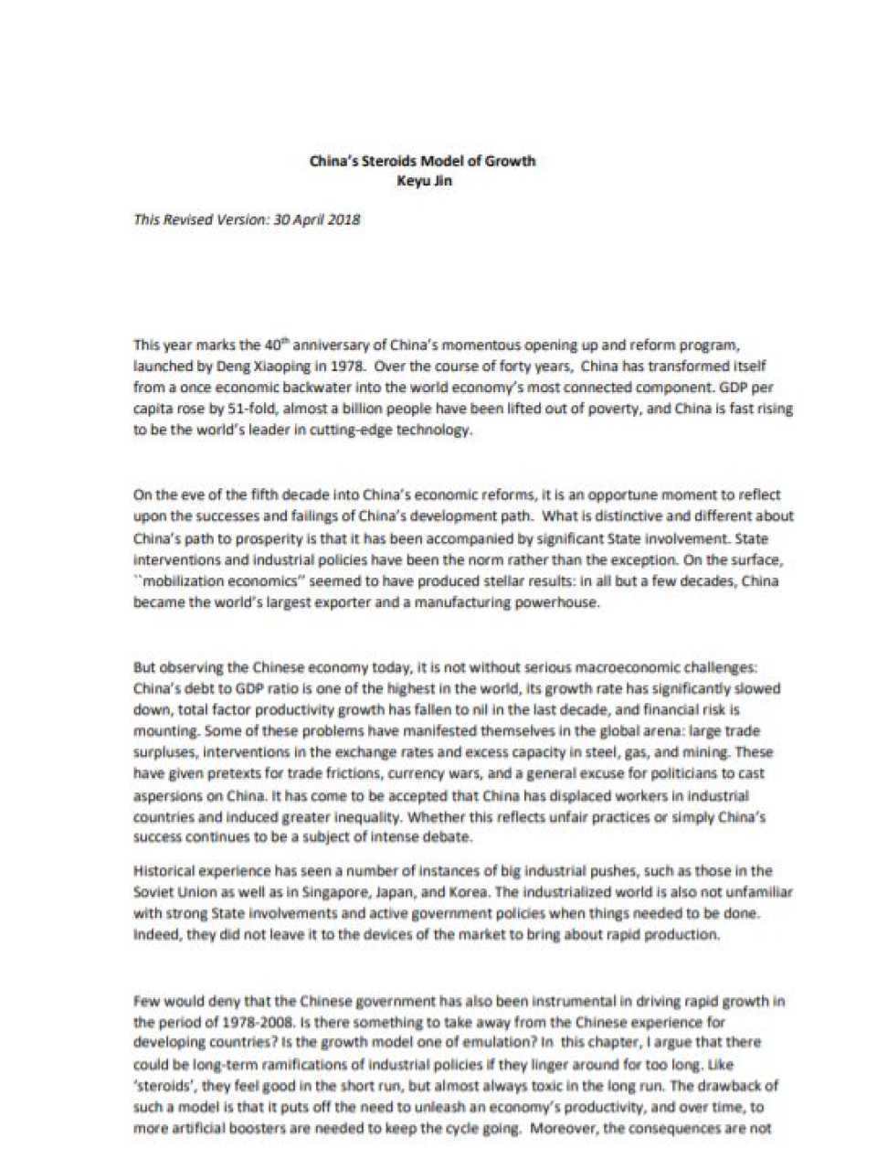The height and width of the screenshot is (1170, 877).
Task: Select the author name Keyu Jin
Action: click(424, 180)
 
